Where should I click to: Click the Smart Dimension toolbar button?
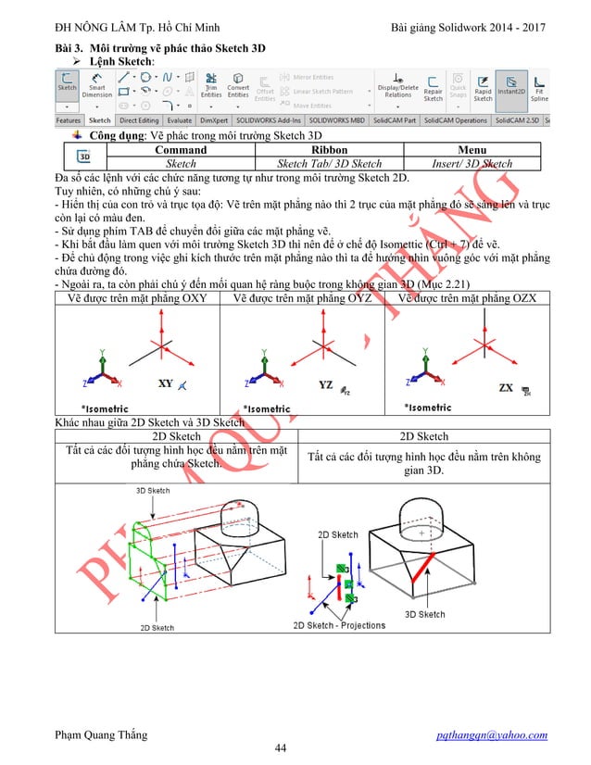tap(96, 88)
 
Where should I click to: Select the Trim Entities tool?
tap(211, 88)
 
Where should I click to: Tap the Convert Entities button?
tap(238, 88)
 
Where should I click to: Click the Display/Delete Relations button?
tap(398, 88)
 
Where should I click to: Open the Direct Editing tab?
tap(139, 120)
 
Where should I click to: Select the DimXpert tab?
tap(214, 120)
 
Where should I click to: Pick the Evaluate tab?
tap(180, 120)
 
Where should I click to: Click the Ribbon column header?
tap(329, 149)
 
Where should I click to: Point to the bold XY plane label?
tap(165, 383)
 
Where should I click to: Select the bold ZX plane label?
tap(507, 387)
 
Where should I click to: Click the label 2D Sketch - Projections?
tap(339, 625)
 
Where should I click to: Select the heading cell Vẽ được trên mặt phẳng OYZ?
tap(302, 297)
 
